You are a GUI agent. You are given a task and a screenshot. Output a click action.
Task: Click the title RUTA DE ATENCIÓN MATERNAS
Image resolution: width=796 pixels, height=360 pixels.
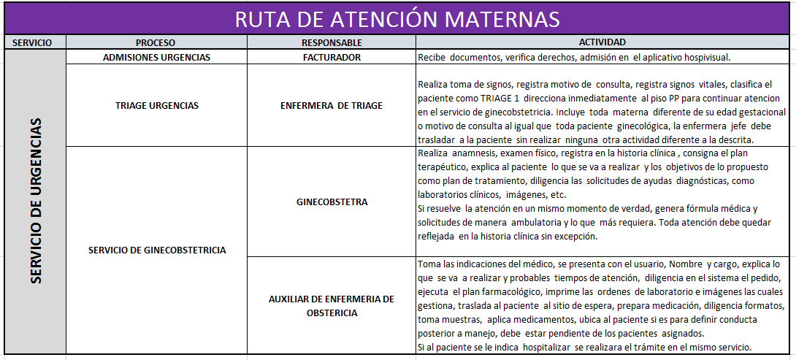397,18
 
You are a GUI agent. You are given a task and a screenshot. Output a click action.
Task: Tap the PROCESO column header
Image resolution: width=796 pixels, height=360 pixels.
156,42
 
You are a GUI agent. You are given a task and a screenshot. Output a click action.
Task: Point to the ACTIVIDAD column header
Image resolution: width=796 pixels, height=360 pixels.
602,42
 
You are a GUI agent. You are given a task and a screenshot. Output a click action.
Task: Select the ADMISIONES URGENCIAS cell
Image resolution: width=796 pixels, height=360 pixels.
156,57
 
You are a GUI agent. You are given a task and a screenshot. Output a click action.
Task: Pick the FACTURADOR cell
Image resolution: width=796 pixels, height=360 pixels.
332,57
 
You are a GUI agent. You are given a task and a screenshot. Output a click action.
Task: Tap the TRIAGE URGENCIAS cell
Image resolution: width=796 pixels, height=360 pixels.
156,105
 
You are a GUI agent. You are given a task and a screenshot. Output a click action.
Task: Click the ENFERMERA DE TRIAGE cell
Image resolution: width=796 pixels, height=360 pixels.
332,105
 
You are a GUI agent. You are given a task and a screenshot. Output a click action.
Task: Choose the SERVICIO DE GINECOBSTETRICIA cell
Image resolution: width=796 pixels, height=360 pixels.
156,250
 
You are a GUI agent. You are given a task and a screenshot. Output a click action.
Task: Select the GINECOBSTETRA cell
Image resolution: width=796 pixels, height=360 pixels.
332,202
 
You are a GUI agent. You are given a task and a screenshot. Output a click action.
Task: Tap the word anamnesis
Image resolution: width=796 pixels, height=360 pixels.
475,153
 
